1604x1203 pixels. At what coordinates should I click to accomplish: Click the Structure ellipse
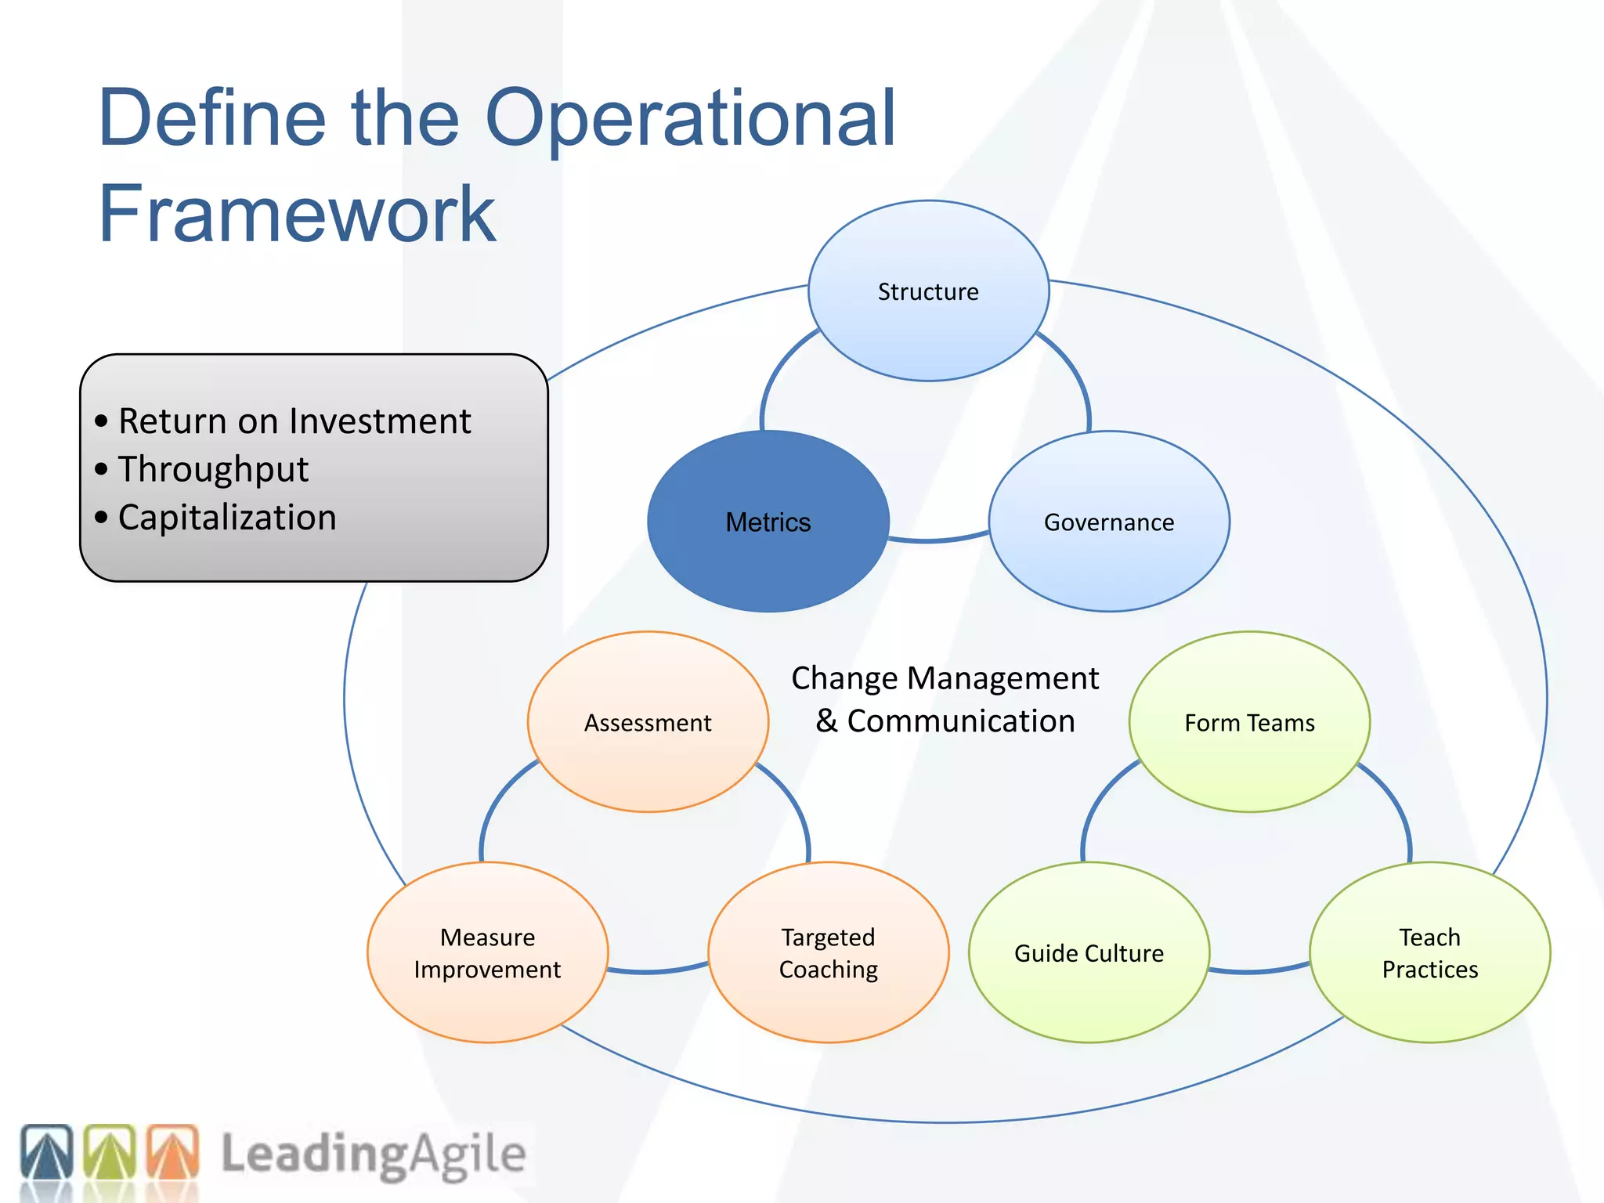point(928,291)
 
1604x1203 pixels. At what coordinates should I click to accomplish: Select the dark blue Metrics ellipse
point(768,522)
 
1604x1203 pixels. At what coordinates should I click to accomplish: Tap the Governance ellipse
point(1109,522)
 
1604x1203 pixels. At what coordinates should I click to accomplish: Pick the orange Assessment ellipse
point(648,722)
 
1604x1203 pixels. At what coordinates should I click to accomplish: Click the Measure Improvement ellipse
point(487,952)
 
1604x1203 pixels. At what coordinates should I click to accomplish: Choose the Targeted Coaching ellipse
point(828,952)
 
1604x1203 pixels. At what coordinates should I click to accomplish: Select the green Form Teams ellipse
point(1249,722)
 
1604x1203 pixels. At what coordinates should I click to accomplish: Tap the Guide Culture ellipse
point(1089,952)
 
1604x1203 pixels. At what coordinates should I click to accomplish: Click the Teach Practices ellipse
point(1429,952)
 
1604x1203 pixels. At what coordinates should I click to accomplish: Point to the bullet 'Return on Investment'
point(294,421)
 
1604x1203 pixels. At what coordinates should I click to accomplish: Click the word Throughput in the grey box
point(213,469)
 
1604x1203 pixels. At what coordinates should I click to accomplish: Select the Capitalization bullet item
point(227,518)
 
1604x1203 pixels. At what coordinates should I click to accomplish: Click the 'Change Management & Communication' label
point(945,699)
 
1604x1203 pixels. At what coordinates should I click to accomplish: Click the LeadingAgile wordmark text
point(373,1154)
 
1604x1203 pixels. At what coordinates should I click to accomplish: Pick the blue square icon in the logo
point(47,1151)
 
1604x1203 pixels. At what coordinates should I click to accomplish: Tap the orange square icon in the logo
point(173,1151)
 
